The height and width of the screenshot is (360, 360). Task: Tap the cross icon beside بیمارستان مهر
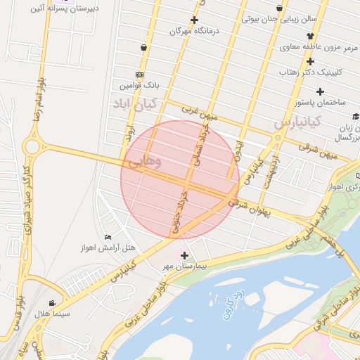(x=185, y=255)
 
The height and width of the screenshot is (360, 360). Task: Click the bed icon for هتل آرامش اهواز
(x=108, y=237)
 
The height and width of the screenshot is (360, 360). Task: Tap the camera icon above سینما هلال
(x=51, y=303)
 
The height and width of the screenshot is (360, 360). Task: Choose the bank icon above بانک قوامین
(x=139, y=75)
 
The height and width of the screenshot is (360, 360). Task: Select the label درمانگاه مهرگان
(x=195, y=32)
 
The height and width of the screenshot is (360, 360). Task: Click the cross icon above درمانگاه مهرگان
(x=195, y=20)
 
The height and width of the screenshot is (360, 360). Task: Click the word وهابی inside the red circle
(x=145, y=162)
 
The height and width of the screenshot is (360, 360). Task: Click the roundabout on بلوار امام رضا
(x=31, y=147)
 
